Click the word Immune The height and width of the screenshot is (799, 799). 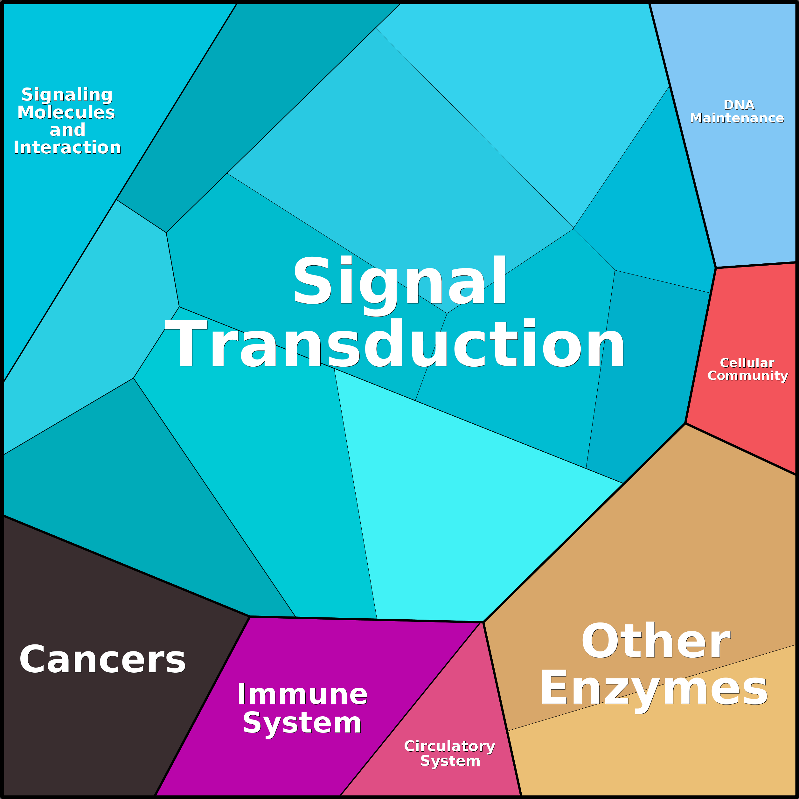[x=302, y=694]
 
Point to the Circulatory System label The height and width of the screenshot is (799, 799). [x=449, y=754]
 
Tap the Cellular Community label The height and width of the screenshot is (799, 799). [x=747, y=369]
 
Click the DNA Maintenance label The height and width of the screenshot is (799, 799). [x=737, y=112]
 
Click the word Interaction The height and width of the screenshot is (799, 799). [x=67, y=148]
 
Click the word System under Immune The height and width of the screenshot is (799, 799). [x=302, y=724]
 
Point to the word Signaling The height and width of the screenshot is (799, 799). [x=67, y=95]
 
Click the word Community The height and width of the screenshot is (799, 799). [x=747, y=376]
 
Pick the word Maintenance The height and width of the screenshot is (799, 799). [x=737, y=118]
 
